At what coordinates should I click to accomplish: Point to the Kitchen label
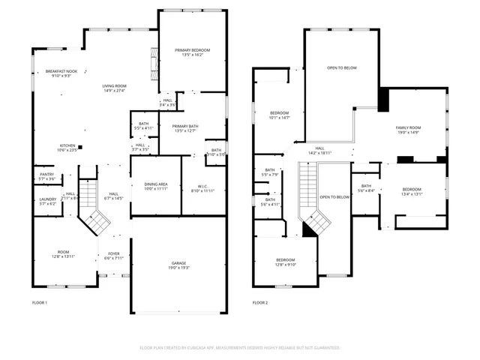(x=67, y=148)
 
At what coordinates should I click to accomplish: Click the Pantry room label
(x=46, y=176)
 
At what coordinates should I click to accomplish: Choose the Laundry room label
(x=47, y=201)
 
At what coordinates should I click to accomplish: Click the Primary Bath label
(x=184, y=128)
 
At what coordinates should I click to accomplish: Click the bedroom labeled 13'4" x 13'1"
(x=412, y=190)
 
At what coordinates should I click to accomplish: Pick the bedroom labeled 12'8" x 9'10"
(x=286, y=262)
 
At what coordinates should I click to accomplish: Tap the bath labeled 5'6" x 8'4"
(x=366, y=188)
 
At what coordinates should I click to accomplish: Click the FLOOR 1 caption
(x=39, y=302)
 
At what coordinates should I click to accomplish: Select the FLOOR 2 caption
(x=259, y=302)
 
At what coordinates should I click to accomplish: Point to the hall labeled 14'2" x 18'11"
(x=319, y=151)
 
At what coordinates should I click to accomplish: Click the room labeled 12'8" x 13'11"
(x=64, y=254)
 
